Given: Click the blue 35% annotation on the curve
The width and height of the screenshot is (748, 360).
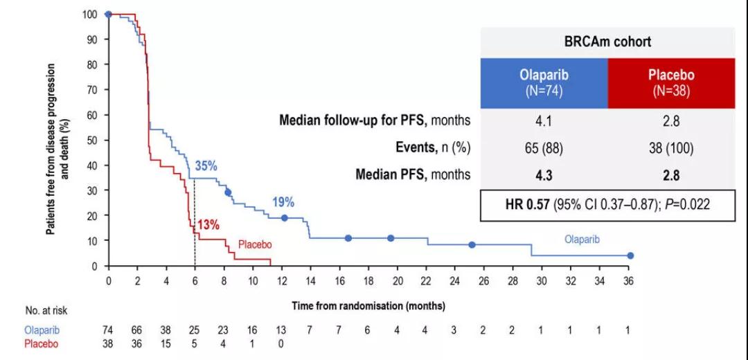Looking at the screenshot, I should click(206, 166).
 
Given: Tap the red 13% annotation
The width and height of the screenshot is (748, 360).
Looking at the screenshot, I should click(208, 224).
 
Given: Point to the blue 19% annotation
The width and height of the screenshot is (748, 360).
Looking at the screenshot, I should click(283, 202).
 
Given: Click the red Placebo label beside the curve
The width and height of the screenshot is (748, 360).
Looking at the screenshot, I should click(255, 244).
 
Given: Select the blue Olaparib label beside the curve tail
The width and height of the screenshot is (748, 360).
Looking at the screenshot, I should click(580, 239).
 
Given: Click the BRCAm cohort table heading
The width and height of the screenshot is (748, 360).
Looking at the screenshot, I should click(607, 42).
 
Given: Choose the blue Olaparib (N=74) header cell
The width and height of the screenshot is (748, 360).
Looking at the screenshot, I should click(544, 83).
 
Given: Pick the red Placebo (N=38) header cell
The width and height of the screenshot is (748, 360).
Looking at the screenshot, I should click(670, 83).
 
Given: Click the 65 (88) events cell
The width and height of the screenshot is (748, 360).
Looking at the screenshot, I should click(544, 147).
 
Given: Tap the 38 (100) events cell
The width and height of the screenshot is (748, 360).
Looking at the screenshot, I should click(670, 147).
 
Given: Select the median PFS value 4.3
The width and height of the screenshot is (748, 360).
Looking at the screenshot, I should click(544, 174).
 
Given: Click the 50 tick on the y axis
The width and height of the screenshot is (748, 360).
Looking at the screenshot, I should click(93, 140).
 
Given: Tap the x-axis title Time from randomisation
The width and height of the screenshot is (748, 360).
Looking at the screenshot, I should click(368, 305).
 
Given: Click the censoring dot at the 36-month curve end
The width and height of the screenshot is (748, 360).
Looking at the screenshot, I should click(630, 255).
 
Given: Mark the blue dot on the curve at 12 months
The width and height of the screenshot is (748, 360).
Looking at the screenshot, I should click(284, 218).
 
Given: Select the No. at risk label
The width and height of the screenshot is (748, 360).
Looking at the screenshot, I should click(46, 312).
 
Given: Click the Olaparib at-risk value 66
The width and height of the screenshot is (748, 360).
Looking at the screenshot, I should click(137, 331).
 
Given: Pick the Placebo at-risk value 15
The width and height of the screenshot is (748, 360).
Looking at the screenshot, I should click(166, 343).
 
